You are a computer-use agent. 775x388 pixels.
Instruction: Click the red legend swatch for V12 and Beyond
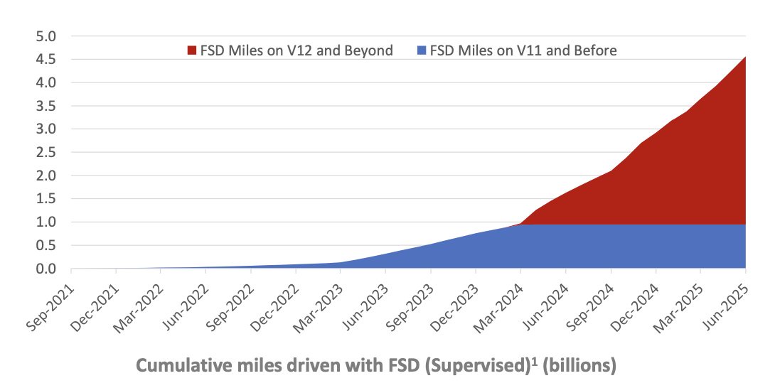click(192, 50)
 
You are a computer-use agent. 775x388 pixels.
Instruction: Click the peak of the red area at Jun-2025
click(744, 57)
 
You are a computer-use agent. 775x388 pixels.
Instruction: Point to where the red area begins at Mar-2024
click(520, 224)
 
